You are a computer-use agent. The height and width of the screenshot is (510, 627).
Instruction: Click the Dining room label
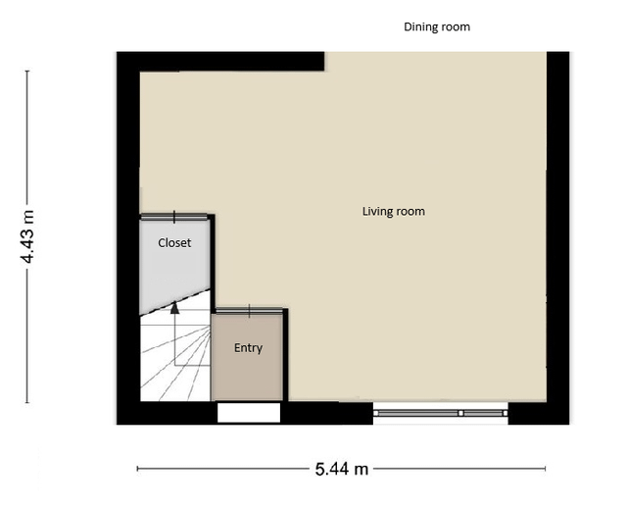(x=437, y=26)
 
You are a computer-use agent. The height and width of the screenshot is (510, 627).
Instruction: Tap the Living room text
(x=394, y=212)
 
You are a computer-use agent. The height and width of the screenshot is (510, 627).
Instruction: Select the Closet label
(x=174, y=242)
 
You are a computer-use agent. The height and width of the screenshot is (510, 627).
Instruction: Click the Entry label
(x=248, y=348)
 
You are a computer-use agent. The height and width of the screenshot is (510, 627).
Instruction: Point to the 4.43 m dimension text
(x=27, y=236)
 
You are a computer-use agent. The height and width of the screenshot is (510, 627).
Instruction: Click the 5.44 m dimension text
(x=342, y=469)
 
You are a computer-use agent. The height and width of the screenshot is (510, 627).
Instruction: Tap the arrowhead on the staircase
(x=174, y=307)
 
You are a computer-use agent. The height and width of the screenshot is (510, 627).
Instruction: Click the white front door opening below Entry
(x=249, y=412)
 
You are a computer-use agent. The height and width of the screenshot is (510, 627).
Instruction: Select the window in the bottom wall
(x=441, y=413)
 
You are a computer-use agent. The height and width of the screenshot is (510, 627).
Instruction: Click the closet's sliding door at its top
(x=174, y=217)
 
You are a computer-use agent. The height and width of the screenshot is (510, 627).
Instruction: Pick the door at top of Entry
(x=249, y=311)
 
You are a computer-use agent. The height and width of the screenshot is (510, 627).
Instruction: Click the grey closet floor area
(x=174, y=264)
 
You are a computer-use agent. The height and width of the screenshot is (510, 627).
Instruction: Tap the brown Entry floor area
(x=247, y=357)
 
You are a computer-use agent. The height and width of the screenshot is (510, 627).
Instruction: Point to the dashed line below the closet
(x=174, y=301)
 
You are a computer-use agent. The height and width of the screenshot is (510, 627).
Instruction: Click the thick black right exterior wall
(x=557, y=237)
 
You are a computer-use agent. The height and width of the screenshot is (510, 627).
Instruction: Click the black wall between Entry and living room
(x=285, y=355)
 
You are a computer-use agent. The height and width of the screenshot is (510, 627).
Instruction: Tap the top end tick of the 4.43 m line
(x=27, y=71)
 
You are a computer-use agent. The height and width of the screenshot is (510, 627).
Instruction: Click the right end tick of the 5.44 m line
(x=545, y=469)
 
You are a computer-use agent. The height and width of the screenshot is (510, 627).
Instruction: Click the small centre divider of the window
(x=460, y=413)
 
